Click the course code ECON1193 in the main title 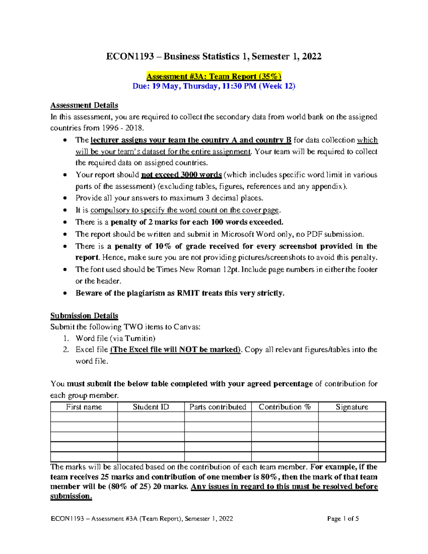130,56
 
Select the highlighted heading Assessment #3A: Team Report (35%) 214,76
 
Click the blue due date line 214,86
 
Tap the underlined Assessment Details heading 84,105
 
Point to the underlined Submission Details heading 84,316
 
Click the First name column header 84,407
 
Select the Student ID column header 151,407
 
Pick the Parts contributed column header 218,407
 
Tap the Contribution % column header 285,407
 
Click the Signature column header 352,407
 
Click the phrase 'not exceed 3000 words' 182,175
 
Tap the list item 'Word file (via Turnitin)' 116,338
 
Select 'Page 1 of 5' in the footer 343,519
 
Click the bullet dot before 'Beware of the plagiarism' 65,293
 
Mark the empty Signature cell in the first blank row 352,417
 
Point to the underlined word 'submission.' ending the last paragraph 71,496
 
